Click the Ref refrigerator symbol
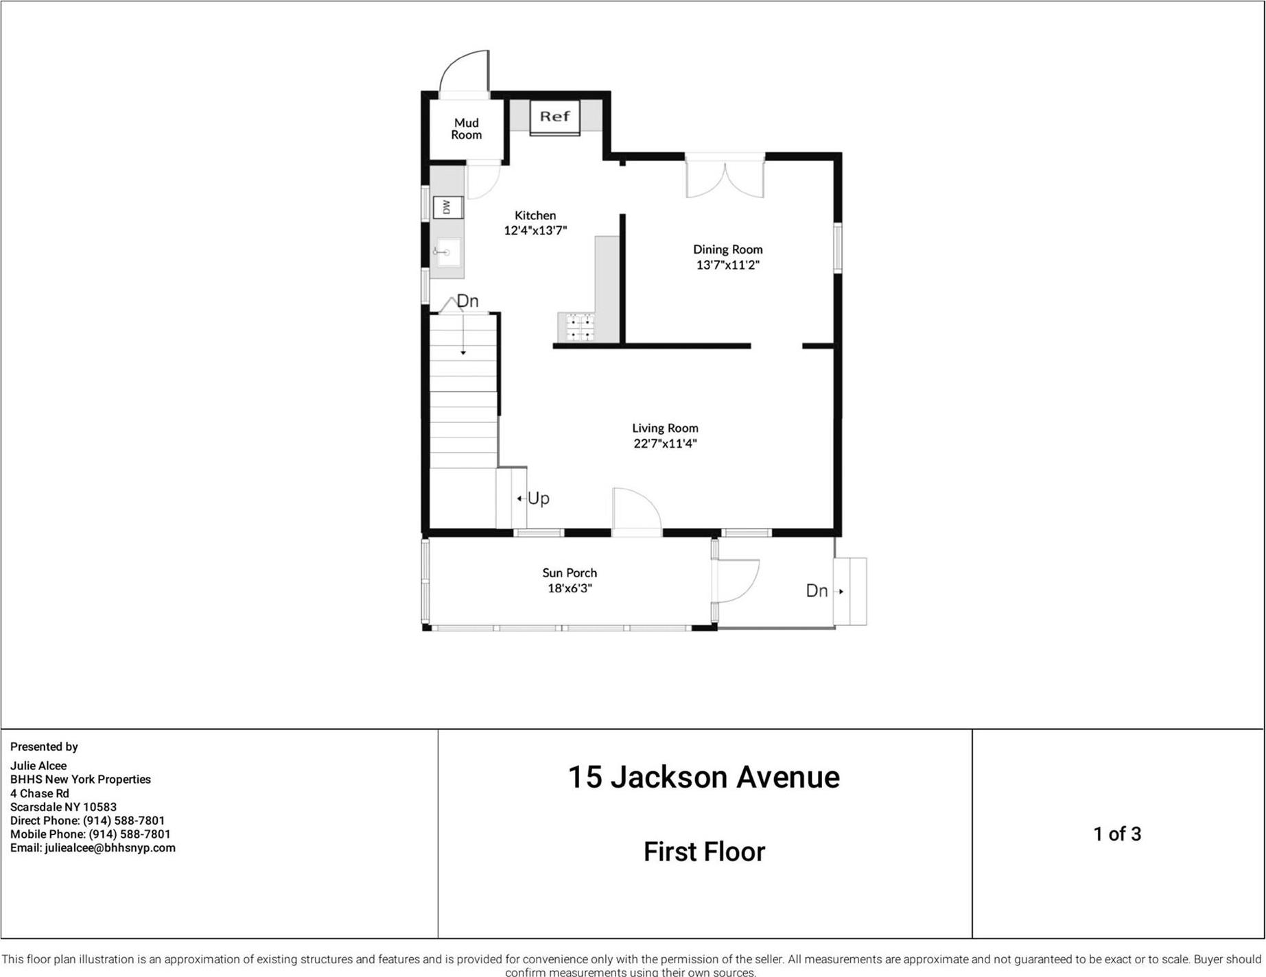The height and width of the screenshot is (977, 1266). (554, 117)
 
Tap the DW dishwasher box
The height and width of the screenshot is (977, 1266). (447, 206)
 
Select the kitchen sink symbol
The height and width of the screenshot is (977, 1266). (447, 252)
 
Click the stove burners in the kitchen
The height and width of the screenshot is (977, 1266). (580, 327)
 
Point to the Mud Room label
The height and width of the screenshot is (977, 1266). (467, 129)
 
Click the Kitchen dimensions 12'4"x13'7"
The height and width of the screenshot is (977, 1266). (535, 230)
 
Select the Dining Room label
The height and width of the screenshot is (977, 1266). (727, 250)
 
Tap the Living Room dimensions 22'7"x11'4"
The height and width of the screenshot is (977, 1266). (665, 444)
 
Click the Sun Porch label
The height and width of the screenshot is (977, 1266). (570, 572)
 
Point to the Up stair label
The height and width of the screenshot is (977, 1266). (538, 498)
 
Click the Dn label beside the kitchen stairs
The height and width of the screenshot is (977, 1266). (467, 301)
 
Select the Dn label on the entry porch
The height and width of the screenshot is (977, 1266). (817, 591)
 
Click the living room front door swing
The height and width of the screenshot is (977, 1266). (636, 509)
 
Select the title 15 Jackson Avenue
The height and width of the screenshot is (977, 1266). (704, 777)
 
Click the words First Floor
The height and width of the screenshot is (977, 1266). (704, 852)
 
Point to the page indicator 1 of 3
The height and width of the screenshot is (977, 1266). (1117, 834)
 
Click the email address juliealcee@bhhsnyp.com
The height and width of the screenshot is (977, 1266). (110, 848)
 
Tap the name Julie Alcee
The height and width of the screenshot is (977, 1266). (38, 766)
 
